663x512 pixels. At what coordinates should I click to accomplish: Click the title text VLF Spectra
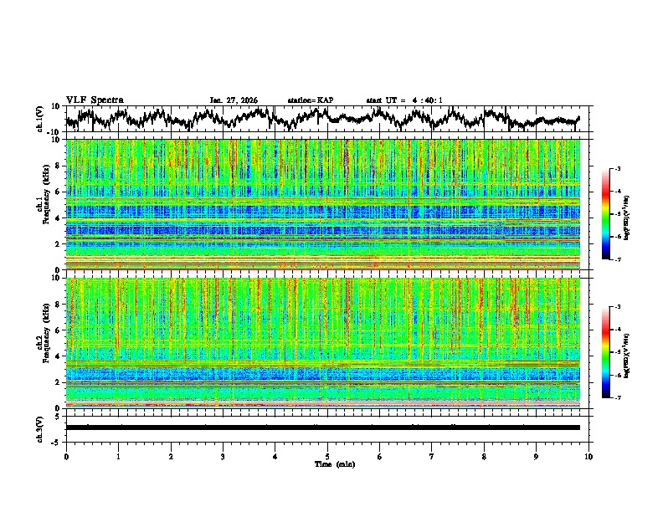(x=95, y=100)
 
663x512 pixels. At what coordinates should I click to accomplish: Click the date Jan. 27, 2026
(x=234, y=100)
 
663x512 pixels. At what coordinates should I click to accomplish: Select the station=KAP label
(x=310, y=100)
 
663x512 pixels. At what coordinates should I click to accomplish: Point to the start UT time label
(x=403, y=100)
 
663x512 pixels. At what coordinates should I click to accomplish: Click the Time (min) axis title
(x=334, y=463)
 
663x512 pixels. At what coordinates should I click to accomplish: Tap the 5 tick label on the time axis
(x=327, y=456)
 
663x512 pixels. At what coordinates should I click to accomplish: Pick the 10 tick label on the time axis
(x=588, y=456)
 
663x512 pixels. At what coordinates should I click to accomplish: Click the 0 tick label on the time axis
(x=66, y=456)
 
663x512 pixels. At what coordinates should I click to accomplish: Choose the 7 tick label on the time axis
(x=432, y=456)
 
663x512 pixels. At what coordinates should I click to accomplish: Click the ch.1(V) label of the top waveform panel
(x=40, y=120)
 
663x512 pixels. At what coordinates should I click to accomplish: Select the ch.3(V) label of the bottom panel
(x=40, y=427)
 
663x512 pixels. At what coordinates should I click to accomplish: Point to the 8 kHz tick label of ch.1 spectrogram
(x=59, y=166)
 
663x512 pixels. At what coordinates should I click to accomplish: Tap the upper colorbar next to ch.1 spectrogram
(x=609, y=214)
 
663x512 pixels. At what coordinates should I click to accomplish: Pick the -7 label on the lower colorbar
(x=619, y=398)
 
